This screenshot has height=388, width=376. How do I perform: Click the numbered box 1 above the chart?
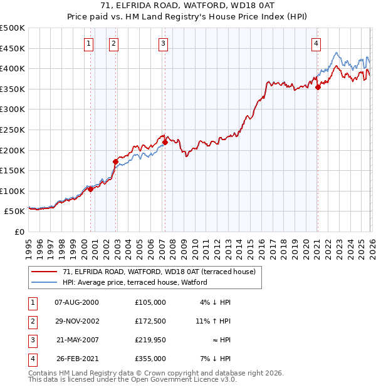click(88, 43)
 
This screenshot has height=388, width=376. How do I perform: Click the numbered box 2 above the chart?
click(113, 43)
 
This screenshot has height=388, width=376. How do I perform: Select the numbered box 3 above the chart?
click(163, 43)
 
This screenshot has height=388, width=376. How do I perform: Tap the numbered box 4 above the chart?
click(316, 43)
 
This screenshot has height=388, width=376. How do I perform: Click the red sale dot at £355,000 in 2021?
click(318, 87)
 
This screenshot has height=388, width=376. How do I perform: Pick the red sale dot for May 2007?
click(165, 142)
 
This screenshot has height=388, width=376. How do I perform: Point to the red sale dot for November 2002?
click(115, 161)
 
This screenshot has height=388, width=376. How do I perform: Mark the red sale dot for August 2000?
click(90, 189)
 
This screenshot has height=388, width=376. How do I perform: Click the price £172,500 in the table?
click(150, 321)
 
